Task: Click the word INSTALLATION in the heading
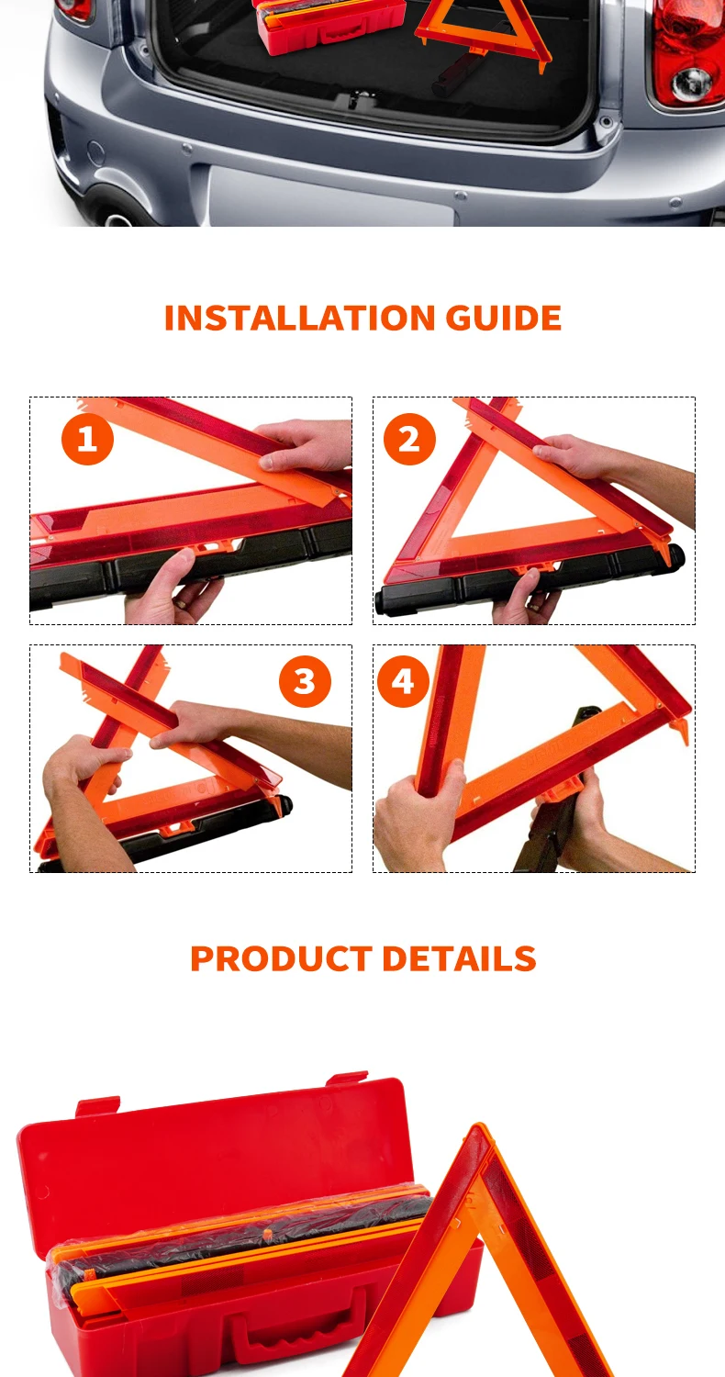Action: pyautogui.click(x=300, y=319)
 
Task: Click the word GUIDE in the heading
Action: pyautogui.click(x=503, y=319)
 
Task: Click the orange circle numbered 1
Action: pyautogui.click(x=87, y=439)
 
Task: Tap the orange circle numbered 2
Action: pyautogui.click(x=409, y=439)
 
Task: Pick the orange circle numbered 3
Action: pyautogui.click(x=305, y=681)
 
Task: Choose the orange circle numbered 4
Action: pyautogui.click(x=403, y=681)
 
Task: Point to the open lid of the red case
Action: pyautogui.click(x=211, y=1157)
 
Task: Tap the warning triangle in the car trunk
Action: pyautogui.click(x=482, y=28)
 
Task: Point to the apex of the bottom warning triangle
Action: pyautogui.click(x=478, y=1128)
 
